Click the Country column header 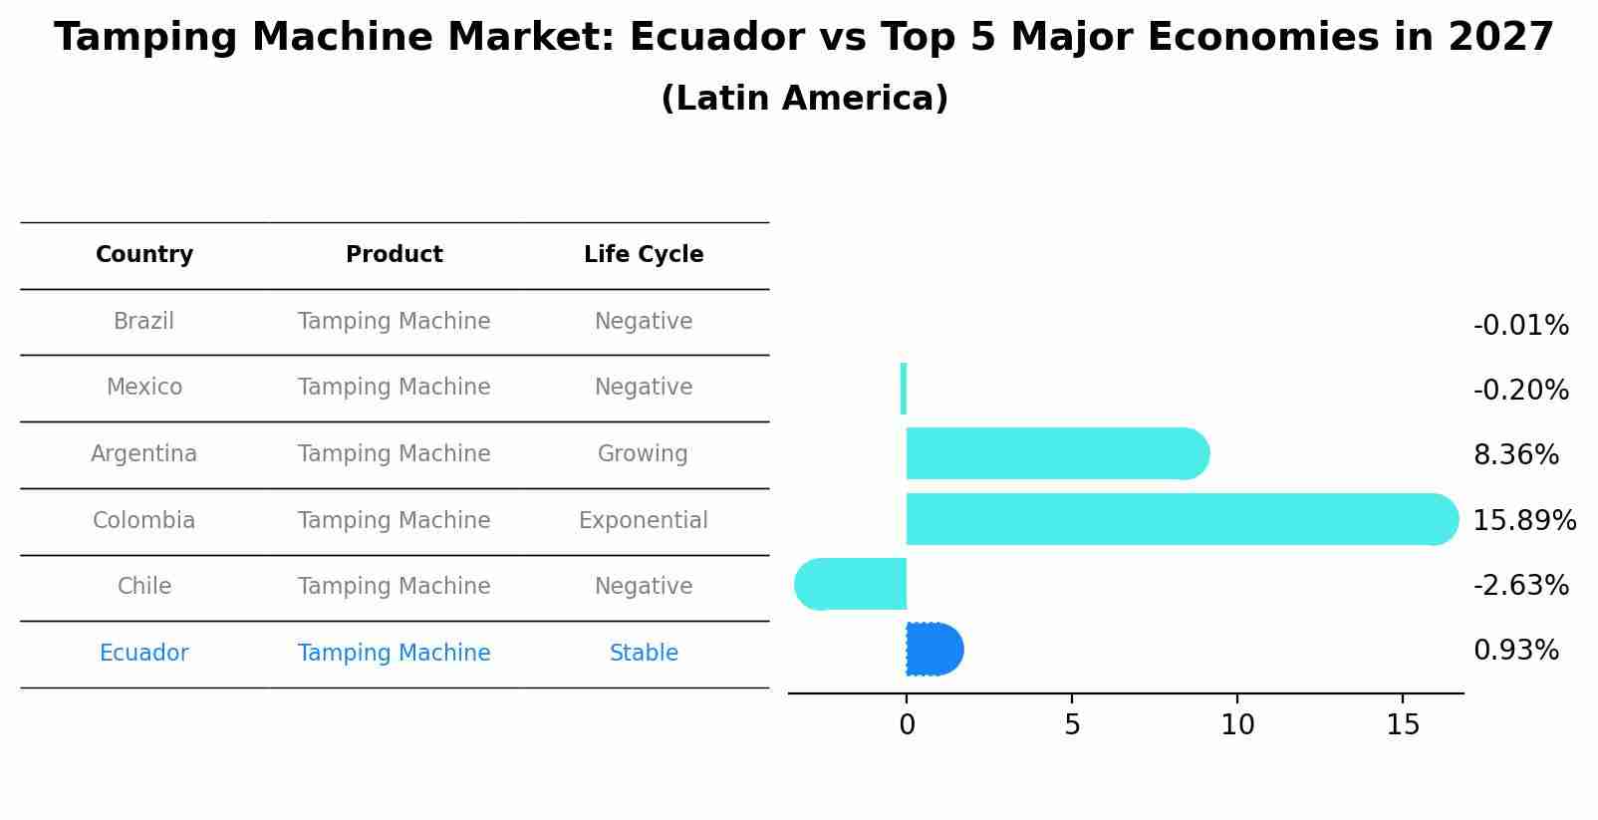pos(144,255)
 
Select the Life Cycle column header pos(644,255)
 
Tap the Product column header pos(395,255)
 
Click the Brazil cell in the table pos(143,322)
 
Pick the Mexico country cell pos(144,388)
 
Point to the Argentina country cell pos(143,454)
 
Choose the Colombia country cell pos(143,521)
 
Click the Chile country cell pos(144,587)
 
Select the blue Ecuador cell pos(143,654)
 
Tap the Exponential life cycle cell pos(644,521)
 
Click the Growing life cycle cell pos(643,454)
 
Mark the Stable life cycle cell pos(644,654)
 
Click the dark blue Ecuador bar pos(933,650)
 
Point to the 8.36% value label pos(1515,455)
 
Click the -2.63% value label pos(1520,586)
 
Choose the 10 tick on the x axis pos(1237,725)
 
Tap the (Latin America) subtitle pos(804,99)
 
